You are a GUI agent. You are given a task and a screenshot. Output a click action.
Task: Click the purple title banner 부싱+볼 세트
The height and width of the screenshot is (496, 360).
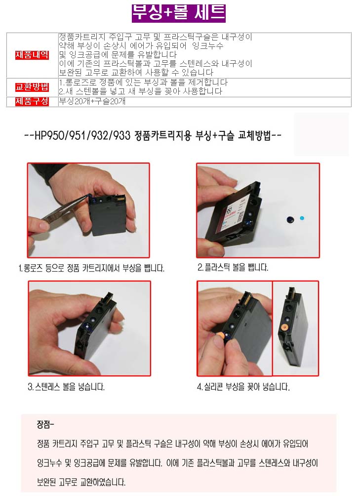click(x=179, y=13)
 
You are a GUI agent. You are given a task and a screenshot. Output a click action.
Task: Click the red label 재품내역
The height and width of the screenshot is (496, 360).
click(x=32, y=55)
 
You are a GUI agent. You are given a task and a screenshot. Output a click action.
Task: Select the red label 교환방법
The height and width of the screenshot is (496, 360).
click(x=32, y=87)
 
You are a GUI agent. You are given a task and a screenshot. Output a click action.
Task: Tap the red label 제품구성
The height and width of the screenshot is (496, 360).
click(x=32, y=102)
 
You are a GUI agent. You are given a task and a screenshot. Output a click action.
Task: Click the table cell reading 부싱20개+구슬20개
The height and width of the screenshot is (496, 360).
click(x=92, y=102)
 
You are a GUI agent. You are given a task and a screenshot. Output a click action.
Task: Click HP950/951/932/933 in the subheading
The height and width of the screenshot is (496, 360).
click(x=82, y=136)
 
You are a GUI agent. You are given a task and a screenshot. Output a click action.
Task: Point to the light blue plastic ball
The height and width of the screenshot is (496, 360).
click(x=302, y=218)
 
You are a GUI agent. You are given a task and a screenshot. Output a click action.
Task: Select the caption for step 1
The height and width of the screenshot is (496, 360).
click(x=92, y=268)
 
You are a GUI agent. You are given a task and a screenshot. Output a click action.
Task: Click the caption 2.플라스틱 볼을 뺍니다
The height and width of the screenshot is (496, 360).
click(x=233, y=267)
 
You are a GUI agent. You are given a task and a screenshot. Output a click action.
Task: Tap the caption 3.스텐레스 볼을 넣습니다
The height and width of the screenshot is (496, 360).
click(x=66, y=386)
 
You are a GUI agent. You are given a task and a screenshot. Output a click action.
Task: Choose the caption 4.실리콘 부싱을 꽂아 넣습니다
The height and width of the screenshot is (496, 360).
click(x=243, y=386)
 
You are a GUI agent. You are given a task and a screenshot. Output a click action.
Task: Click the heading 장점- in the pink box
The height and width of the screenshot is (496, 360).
click(x=45, y=424)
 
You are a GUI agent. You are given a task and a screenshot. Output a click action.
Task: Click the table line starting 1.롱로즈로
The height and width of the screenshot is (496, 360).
click(x=143, y=83)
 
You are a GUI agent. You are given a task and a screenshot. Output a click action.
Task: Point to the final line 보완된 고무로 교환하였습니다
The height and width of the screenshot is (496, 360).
click(x=81, y=482)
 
